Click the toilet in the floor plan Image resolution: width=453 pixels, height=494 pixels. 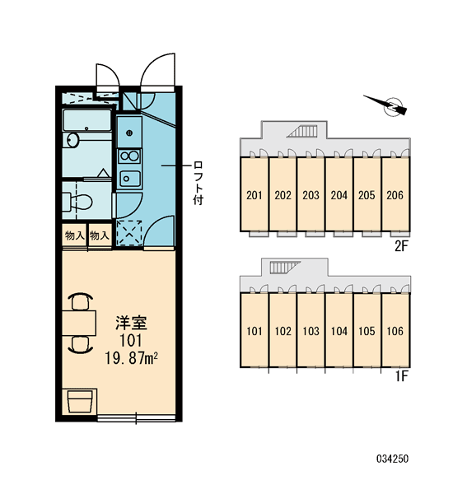[x=78, y=201]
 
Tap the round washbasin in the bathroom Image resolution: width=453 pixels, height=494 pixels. [x=72, y=140]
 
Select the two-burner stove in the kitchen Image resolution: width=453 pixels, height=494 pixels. [x=129, y=156]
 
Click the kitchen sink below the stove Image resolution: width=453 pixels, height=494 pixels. [x=129, y=179]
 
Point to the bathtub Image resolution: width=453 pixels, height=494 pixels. [x=87, y=120]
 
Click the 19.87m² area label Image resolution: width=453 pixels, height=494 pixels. [x=131, y=358]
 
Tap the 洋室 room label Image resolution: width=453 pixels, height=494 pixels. [x=131, y=323]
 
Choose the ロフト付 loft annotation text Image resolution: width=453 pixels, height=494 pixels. [x=198, y=183]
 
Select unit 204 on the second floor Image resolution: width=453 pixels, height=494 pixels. [x=339, y=195]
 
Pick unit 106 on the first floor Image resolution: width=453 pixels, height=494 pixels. [x=395, y=331]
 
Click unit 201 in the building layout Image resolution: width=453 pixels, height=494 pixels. [x=254, y=195]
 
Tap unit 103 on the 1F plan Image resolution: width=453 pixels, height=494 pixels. [x=311, y=331]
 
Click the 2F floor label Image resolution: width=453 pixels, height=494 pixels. [x=401, y=246]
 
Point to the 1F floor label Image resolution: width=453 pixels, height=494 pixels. [x=402, y=376]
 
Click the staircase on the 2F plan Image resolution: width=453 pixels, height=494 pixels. [x=302, y=131]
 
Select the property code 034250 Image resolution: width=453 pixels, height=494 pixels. [x=393, y=459]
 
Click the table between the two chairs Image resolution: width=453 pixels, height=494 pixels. [x=79, y=323]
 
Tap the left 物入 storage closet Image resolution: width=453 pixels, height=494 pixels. [x=75, y=235]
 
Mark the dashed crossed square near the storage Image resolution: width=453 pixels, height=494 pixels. [x=129, y=233]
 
